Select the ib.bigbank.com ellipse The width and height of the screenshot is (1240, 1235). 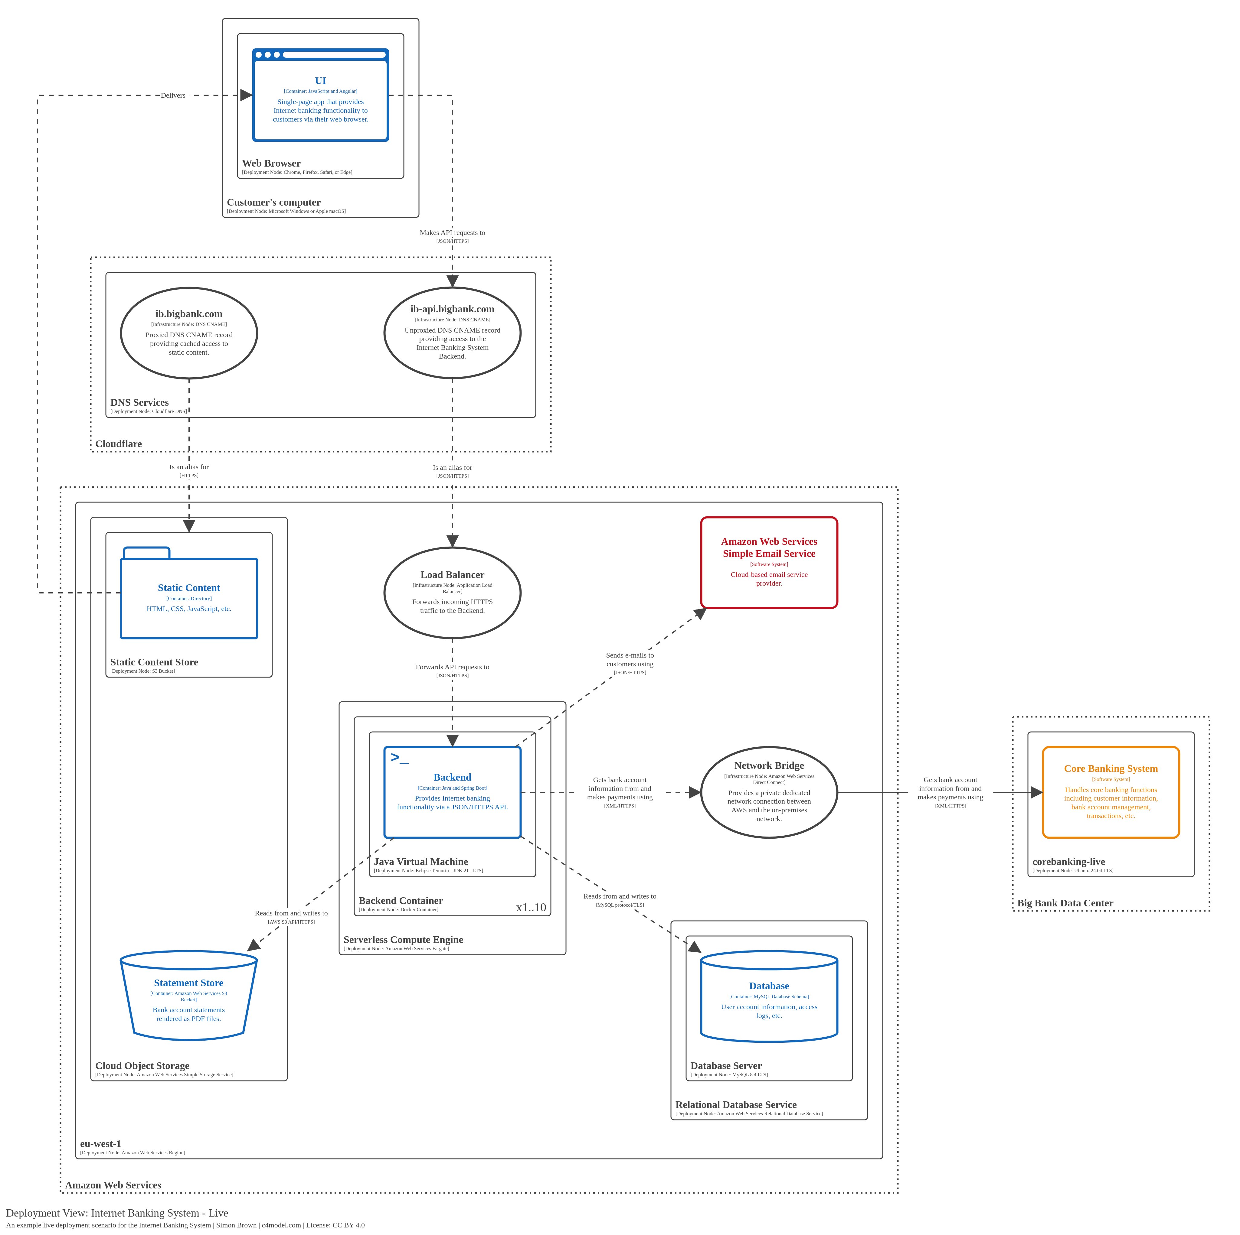[x=189, y=333]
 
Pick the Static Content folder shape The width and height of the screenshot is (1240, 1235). [x=189, y=597]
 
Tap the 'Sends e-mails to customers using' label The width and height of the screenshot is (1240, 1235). [x=630, y=659]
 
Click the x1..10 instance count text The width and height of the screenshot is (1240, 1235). [x=531, y=907]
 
